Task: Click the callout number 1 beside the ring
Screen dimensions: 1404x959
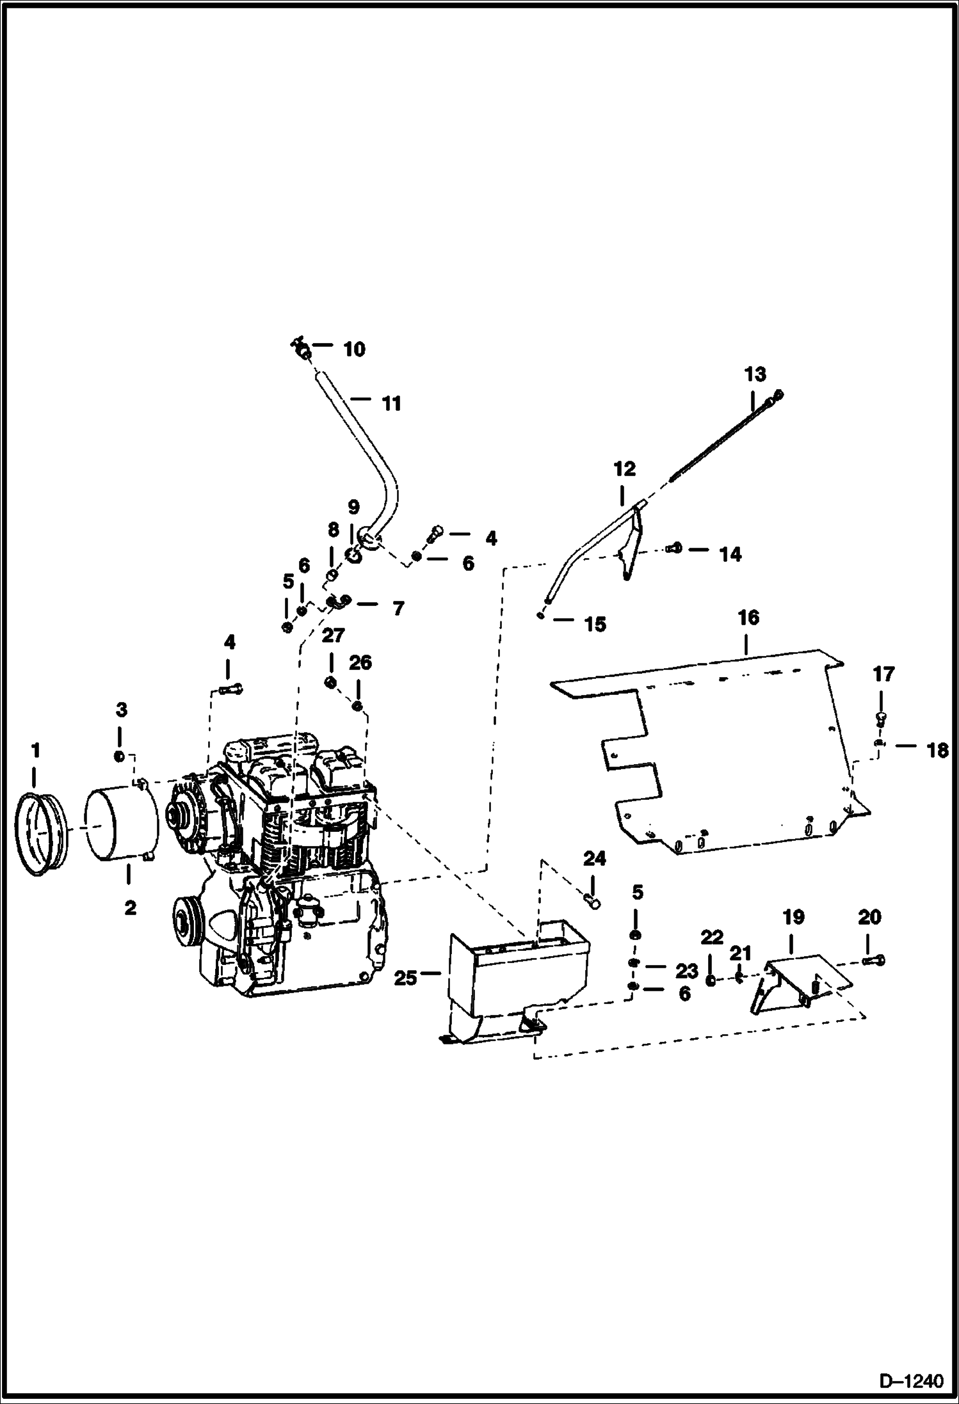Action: [36, 749]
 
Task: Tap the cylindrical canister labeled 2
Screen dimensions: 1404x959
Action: [122, 827]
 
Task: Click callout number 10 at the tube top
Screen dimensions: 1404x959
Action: [354, 349]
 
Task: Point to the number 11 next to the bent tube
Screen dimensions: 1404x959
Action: [391, 404]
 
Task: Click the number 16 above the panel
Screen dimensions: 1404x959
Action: [748, 618]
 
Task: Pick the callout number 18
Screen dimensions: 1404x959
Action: [937, 751]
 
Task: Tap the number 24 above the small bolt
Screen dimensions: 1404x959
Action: [594, 859]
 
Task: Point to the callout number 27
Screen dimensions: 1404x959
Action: [333, 635]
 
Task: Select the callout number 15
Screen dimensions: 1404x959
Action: [595, 625]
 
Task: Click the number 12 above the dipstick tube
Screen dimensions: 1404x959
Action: [624, 468]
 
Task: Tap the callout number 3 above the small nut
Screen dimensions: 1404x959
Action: [121, 709]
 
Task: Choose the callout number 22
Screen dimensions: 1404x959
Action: [711, 939]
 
